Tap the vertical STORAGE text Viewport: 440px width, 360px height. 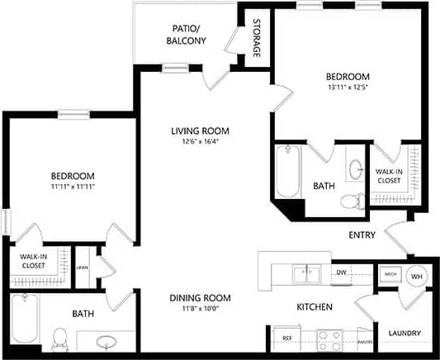257,38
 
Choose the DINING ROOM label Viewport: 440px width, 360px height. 200,298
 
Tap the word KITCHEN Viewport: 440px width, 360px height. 315,307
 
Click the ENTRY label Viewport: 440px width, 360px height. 362,235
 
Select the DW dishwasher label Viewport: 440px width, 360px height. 340,272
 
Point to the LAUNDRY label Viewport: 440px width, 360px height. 405,334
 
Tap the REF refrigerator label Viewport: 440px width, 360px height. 286,338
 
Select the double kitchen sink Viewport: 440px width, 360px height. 306,272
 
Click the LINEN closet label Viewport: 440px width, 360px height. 83,268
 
